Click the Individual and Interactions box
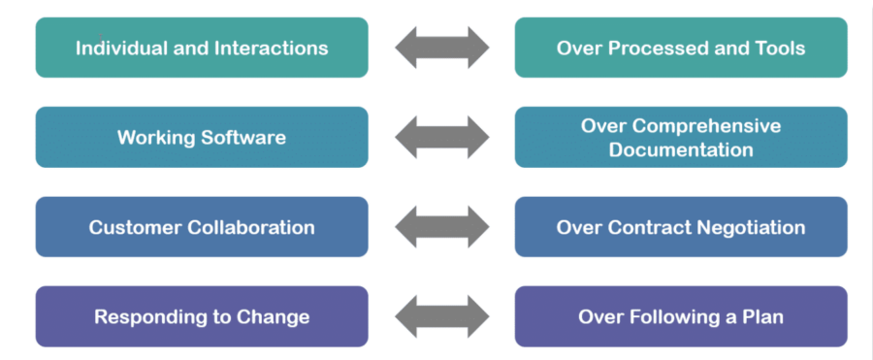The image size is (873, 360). (x=202, y=48)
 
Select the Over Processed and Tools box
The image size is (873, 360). (x=681, y=48)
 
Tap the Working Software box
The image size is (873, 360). (x=202, y=137)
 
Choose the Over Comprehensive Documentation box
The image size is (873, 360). (x=681, y=137)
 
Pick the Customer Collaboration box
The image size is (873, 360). (x=202, y=227)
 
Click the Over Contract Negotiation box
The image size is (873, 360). (x=681, y=227)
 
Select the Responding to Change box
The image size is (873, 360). (x=202, y=316)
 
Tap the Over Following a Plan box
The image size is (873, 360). (x=681, y=316)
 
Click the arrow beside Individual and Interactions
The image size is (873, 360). (x=441, y=48)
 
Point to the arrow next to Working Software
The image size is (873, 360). (x=441, y=137)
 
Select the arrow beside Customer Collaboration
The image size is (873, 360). (x=441, y=227)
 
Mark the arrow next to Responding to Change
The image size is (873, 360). (x=441, y=316)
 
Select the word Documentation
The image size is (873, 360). (x=681, y=150)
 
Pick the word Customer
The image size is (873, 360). (x=132, y=227)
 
